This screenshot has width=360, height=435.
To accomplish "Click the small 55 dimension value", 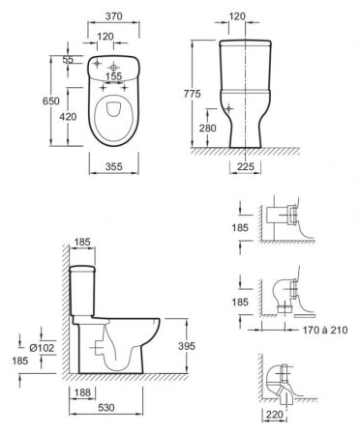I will pyautogui.click(x=67, y=60).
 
